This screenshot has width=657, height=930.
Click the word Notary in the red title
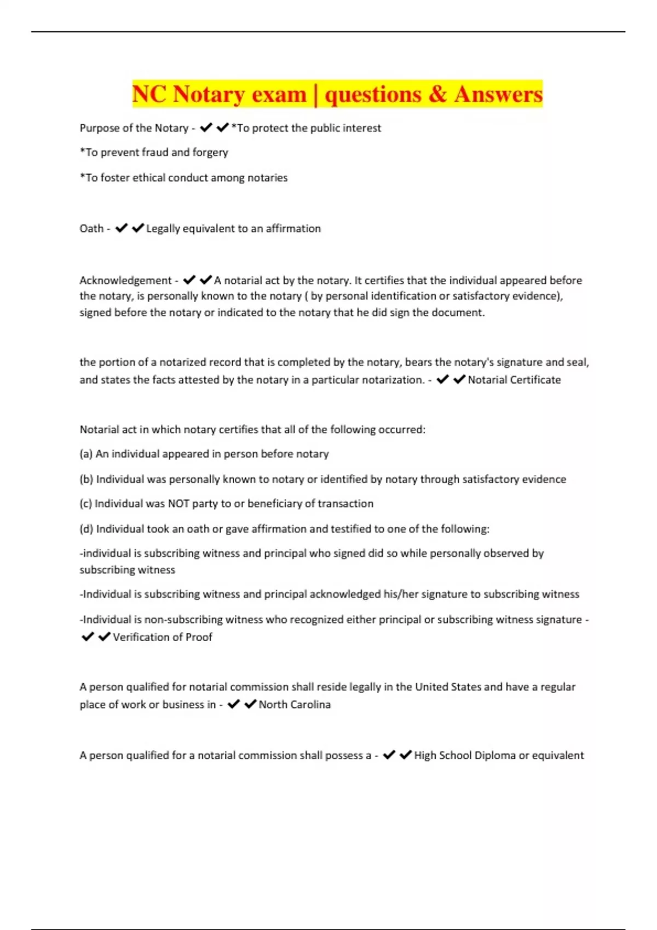(209, 94)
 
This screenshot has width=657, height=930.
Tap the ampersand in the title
(437, 94)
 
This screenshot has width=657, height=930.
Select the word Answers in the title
(498, 94)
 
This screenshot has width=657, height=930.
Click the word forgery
(210, 153)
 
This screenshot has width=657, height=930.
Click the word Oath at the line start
(91, 229)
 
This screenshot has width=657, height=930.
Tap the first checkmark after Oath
(122, 228)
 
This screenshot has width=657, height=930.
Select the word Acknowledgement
(125, 281)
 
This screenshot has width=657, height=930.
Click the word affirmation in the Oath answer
(293, 229)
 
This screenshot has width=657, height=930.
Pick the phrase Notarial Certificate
(514, 380)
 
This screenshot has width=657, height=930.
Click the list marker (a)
(86, 454)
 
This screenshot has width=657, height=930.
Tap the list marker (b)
(87, 480)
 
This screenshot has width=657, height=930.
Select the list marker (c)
(86, 504)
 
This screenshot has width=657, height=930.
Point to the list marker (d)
(87, 529)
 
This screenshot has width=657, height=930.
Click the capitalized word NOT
(178, 504)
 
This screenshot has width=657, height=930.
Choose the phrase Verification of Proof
(162, 637)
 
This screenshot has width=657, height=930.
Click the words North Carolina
(295, 705)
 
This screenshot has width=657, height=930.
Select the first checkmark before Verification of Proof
(88, 637)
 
